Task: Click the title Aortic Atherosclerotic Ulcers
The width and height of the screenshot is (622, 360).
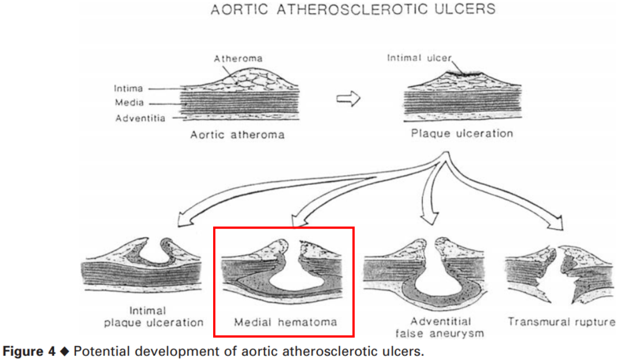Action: [352, 10]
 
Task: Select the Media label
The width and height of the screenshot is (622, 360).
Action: [129, 104]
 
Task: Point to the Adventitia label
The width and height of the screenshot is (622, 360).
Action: [141, 119]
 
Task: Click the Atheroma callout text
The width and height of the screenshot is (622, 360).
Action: [238, 59]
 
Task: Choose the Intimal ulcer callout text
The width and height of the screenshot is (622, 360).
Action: [419, 58]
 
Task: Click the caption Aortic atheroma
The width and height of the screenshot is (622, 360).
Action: [237, 135]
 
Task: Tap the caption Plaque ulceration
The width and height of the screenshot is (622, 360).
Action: [462, 134]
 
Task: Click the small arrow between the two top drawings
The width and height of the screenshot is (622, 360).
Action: [348, 99]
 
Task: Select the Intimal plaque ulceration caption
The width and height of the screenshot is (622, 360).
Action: [154, 317]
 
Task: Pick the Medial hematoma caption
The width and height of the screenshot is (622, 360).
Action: [285, 322]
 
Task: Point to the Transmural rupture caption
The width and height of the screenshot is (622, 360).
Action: [562, 322]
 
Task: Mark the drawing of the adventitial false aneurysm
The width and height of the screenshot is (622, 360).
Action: [428, 271]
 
